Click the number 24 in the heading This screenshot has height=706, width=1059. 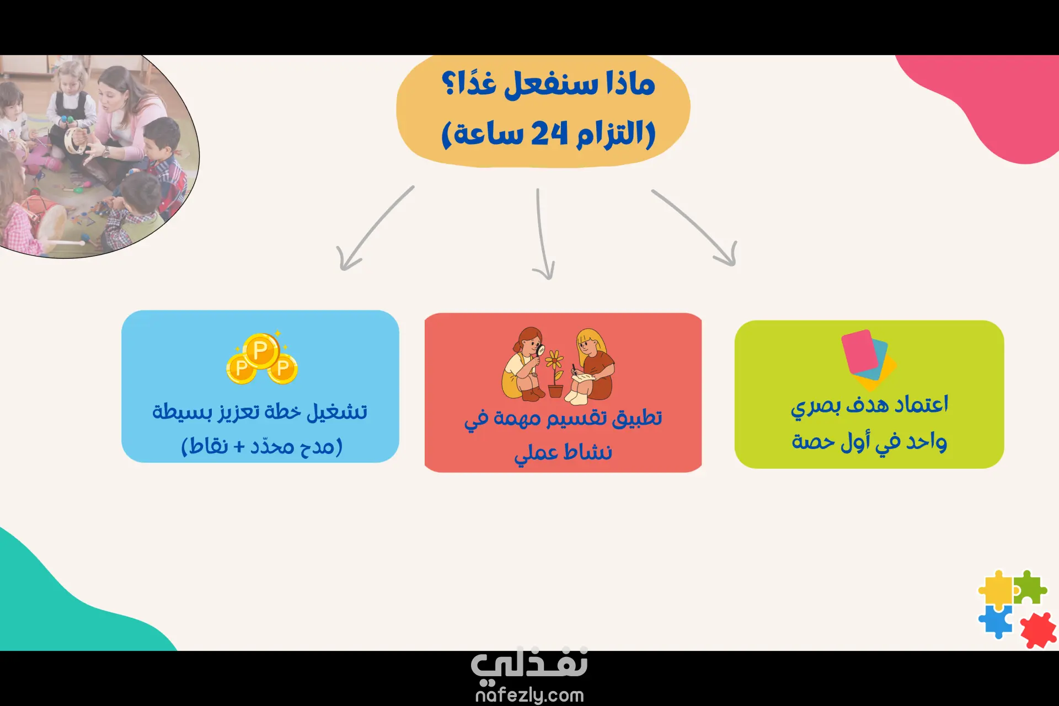coord(549,133)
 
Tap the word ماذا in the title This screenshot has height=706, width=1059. coord(630,84)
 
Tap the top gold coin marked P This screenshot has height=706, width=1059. coord(261,350)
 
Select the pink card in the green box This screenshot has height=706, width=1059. coord(859,351)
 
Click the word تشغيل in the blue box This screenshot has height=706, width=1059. coord(337,411)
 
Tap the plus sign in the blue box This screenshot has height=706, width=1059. coord(239,446)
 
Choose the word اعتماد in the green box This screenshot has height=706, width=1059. coord(921,405)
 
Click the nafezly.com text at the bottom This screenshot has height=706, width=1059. coord(529,695)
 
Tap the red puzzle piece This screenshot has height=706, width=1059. coord(1039,630)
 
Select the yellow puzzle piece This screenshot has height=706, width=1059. coord(997,589)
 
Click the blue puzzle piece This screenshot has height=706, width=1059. coord(996,621)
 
